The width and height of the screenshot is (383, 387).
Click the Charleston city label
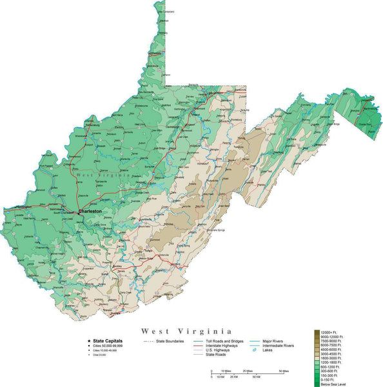[90, 211]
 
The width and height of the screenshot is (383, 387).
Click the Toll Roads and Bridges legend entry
[224, 341]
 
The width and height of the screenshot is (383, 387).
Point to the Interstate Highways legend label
[221, 346]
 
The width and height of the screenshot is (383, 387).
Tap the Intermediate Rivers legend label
[279, 346]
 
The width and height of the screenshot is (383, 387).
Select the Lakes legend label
[267, 351]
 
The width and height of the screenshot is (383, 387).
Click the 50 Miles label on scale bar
[283, 371]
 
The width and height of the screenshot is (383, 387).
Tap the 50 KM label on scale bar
[257, 377]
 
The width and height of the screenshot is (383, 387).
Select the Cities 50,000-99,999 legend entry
[109, 346]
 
